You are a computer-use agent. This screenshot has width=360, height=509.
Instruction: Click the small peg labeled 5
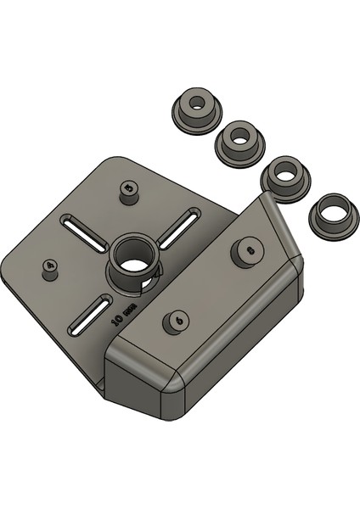[128, 193]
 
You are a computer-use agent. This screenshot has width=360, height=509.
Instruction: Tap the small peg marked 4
[50, 269]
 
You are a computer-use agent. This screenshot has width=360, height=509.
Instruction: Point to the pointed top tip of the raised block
[264, 197]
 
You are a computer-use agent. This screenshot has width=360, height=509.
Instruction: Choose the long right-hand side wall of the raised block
[246, 352]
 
